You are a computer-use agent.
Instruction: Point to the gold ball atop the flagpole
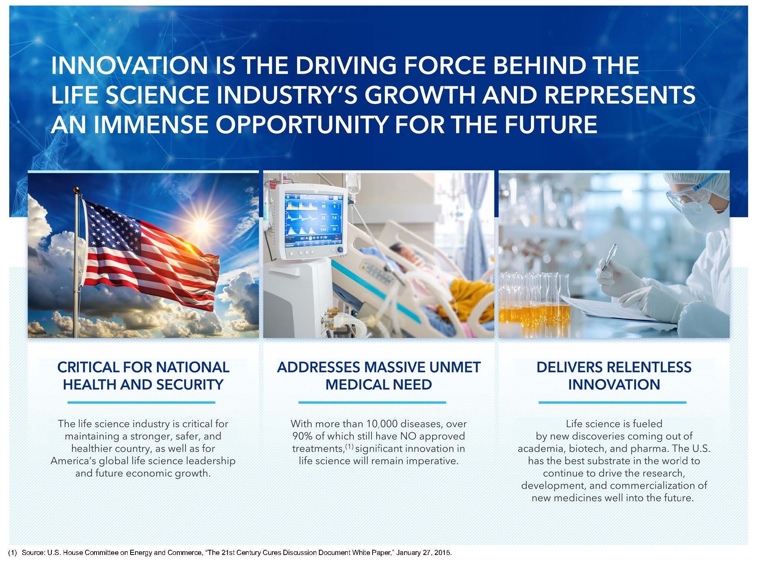[x=77, y=190]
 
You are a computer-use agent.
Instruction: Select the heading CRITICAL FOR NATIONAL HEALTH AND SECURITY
[x=143, y=376]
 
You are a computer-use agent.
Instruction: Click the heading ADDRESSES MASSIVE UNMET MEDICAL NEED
[x=378, y=376]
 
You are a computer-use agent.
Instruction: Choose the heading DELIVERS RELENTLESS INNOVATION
[x=614, y=376]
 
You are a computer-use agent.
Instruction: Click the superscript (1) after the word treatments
[x=349, y=446]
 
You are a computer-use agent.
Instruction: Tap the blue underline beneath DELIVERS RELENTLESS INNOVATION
[x=612, y=402]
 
